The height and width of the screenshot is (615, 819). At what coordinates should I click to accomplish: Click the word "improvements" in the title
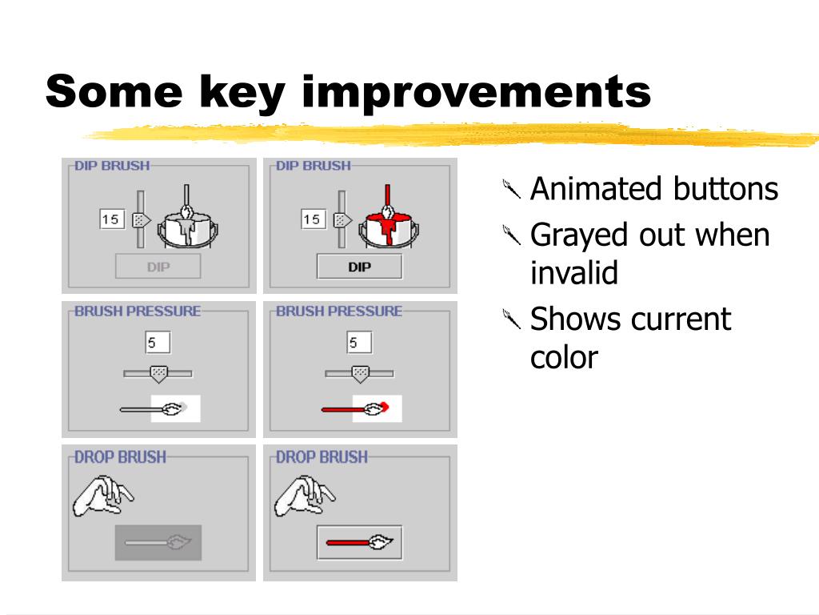click(476, 93)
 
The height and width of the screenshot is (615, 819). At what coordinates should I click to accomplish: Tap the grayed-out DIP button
click(158, 267)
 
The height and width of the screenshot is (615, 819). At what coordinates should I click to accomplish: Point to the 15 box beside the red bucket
click(313, 219)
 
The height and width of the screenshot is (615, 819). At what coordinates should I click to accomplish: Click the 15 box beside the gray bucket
click(111, 219)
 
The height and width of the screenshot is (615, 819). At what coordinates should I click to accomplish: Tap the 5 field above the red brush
click(359, 343)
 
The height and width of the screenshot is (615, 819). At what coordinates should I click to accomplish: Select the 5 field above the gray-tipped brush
click(158, 343)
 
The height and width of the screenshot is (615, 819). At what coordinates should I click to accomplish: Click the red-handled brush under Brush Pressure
click(356, 408)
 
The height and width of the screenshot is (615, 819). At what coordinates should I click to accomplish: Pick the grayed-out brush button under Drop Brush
click(158, 543)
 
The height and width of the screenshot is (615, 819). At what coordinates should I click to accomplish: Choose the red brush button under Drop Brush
click(359, 543)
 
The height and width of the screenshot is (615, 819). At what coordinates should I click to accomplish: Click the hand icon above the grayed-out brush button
click(103, 495)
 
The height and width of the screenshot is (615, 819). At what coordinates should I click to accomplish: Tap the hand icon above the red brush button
click(305, 495)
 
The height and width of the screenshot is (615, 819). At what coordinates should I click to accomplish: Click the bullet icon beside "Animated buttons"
click(511, 189)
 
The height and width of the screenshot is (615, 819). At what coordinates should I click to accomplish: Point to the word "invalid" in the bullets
click(574, 272)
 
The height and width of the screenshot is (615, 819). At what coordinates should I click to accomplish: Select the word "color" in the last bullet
click(564, 358)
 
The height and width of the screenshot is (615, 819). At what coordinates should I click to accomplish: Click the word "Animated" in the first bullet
click(594, 189)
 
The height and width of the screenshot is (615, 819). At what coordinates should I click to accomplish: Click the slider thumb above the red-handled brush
click(360, 374)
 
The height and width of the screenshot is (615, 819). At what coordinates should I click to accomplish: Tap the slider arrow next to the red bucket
click(342, 220)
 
